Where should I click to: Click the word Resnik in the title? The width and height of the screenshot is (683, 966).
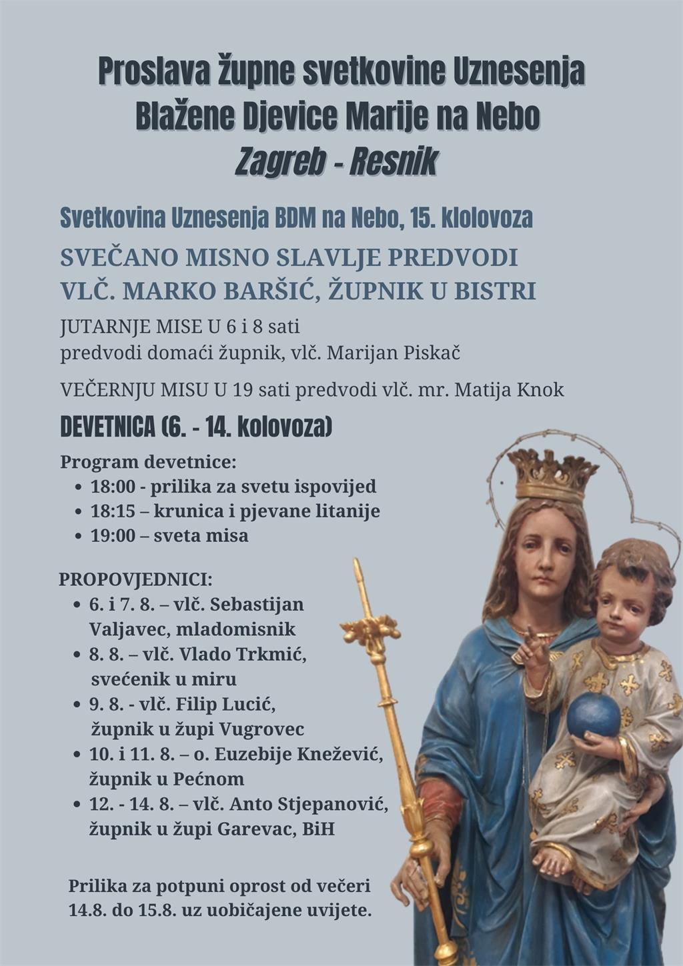pos(394,162)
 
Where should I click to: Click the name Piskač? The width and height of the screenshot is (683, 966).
pos(432,353)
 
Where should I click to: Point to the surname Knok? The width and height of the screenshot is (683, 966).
pos(540,390)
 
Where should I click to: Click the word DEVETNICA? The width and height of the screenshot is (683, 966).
pos(107,427)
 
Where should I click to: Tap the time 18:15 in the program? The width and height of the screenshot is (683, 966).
pos(113,511)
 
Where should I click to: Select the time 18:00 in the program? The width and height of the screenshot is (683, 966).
pos(113,487)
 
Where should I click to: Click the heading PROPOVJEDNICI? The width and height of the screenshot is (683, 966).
pos(135,579)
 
